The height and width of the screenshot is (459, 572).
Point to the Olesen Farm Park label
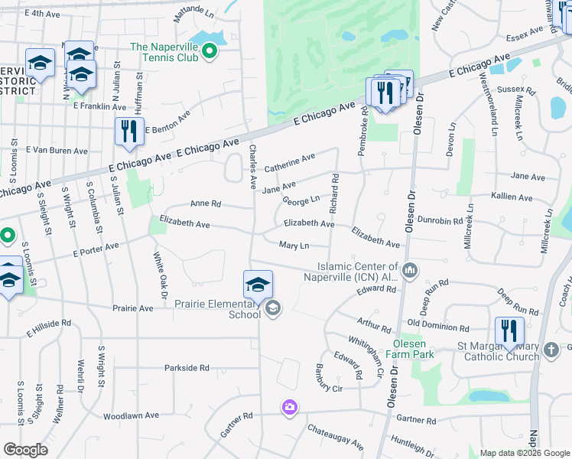click(x=414, y=349)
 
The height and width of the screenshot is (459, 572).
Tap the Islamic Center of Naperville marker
click(x=411, y=269)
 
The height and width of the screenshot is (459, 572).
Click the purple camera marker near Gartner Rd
click(x=289, y=408)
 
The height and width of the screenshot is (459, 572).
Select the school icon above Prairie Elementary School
click(x=258, y=285)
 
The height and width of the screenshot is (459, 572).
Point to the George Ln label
click(x=301, y=200)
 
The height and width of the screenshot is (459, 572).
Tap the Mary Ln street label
click(x=294, y=246)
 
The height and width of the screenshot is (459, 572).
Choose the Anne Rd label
click(x=205, y=204)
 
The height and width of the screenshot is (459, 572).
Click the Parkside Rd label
click(x=187, y=368)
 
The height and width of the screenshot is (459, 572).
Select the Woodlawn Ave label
click(x=131, y=415)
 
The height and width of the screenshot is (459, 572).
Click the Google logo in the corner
click(x=25, y=450)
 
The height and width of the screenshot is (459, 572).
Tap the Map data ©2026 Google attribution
click(x=524, y=453)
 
